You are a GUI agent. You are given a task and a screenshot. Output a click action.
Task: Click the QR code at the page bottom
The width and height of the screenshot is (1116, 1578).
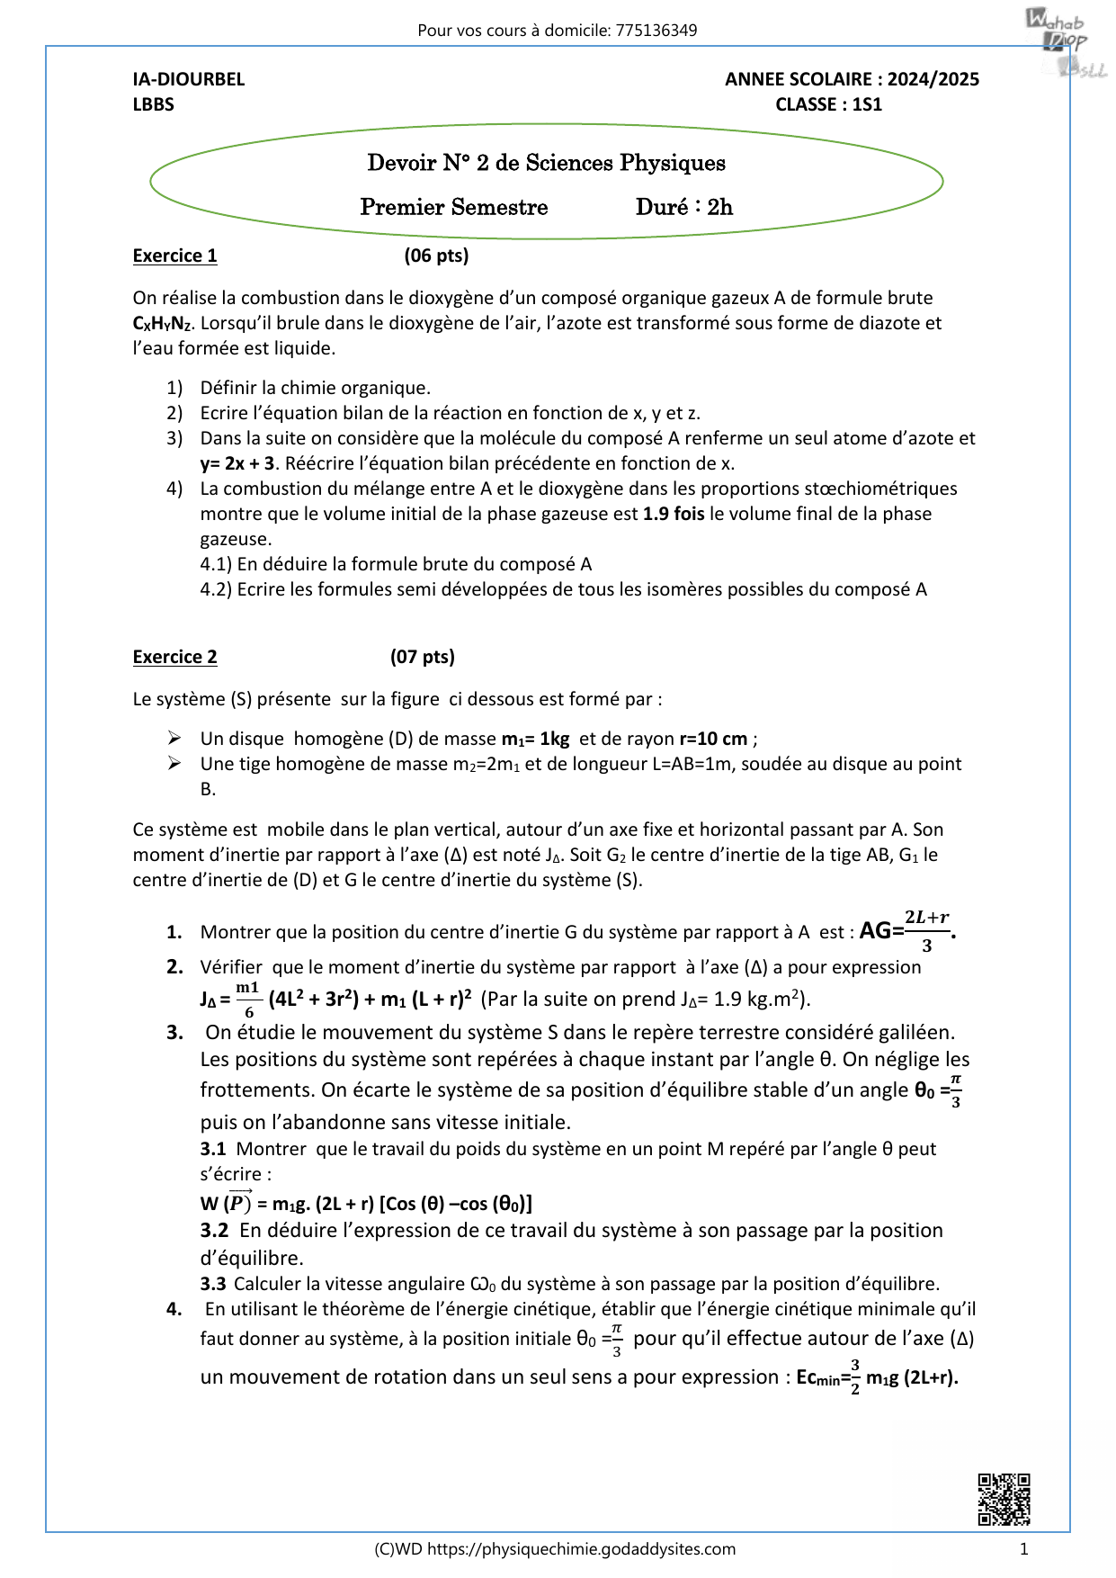click(x=1004, y=1499)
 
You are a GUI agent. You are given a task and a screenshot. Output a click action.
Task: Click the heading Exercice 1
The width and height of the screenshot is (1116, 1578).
click(x=174, y=256)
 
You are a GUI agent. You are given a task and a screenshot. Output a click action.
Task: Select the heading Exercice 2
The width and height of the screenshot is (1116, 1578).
click(x=174, y=657)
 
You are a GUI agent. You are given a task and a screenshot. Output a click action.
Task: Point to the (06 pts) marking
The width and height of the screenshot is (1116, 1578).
click(x=436, y=256)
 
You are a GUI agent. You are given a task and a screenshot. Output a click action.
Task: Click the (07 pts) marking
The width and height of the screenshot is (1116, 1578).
click(x=422, y=657)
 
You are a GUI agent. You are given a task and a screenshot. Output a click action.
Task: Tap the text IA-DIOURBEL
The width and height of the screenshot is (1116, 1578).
click(x=189, y=79)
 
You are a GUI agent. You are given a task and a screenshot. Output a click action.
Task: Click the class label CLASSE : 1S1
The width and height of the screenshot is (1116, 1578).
click(x=828, y=104)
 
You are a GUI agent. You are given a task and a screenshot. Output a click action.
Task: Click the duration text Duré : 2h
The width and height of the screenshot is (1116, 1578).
click(x=683, y=207)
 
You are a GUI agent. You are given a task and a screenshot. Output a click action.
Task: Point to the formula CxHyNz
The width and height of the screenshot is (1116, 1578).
click(x=162, y=324)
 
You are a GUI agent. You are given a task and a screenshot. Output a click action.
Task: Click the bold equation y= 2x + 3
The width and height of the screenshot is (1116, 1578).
click(x=237, y=463)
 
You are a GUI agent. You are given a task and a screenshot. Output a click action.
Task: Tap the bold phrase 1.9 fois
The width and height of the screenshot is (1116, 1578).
click(x=674, y=514)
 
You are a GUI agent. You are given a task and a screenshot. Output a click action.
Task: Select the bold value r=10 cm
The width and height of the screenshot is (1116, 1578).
click(x=713, y=739)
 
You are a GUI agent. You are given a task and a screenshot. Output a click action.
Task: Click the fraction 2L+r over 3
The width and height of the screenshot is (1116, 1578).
click(x=926, y=930)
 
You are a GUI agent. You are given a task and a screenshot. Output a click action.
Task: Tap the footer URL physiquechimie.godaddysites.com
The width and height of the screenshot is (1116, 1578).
click(x=581, y=1549)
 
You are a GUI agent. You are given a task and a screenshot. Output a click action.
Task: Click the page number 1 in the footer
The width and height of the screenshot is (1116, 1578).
click(x=1023, y=1549)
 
